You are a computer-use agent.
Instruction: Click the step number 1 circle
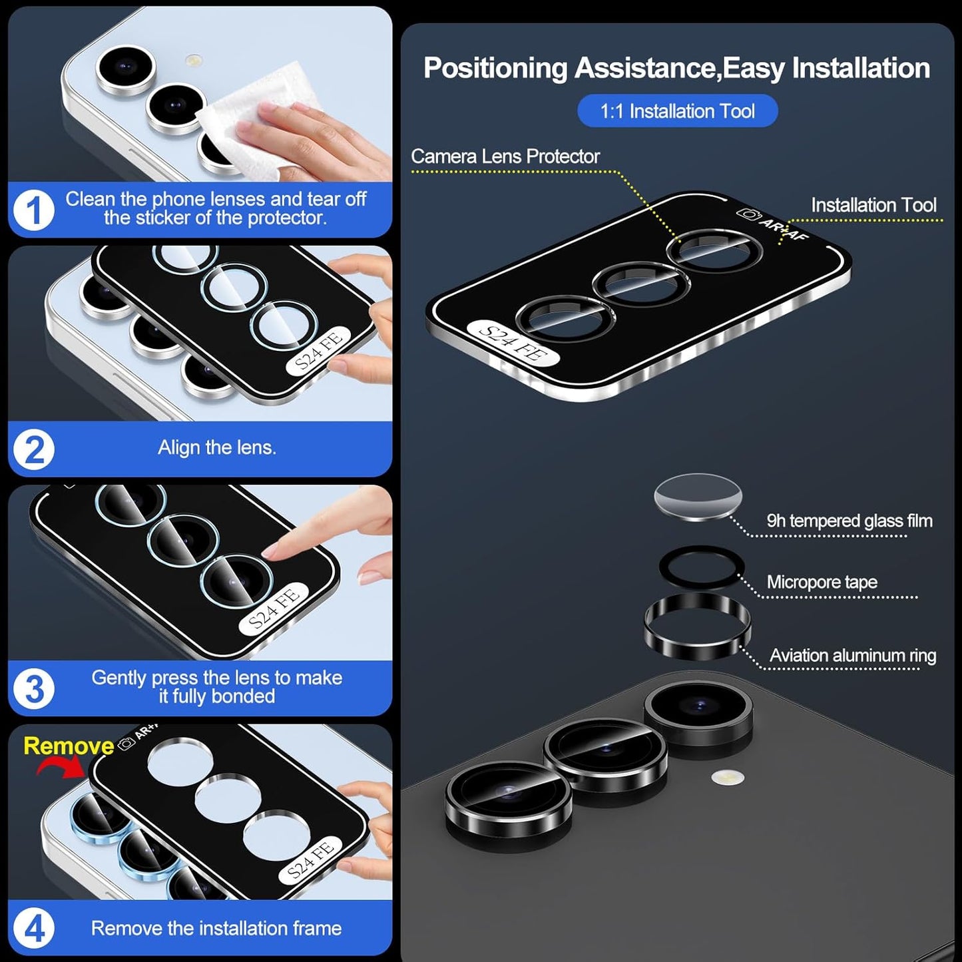click(x=33, y=210)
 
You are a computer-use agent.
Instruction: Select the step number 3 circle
click(x=33, y=689)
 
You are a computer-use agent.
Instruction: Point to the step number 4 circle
click(x=33, y=928)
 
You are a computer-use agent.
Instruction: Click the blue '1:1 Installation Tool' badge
click(x=677, y=111)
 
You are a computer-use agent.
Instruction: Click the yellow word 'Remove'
click(x=69, y=746)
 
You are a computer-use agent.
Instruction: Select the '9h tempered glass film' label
click(x=849, y=521)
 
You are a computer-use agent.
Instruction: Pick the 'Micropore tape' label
click(x=822, y=582)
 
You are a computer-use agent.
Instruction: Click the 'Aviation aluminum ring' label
click(x=852, y=656)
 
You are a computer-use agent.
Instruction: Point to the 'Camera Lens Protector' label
click(x=505, y=156)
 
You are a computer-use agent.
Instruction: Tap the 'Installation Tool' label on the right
click(x=873, y=205)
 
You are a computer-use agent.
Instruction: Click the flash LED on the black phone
click(x=727, y=777)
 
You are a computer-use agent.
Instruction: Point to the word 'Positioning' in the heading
click(x=495, y=69)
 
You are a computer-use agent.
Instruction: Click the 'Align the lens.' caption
click(x=216, y=447)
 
